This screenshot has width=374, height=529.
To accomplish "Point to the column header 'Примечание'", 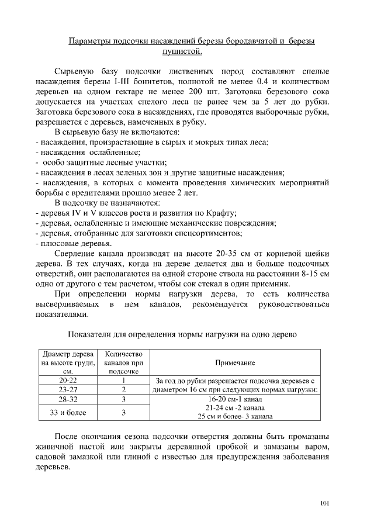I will pos(235,363).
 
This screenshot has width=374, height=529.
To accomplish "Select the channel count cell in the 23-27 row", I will pos(124,389).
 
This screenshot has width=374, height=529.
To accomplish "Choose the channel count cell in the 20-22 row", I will pos(124,380).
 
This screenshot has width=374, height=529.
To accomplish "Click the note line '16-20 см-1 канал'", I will pos(235,399).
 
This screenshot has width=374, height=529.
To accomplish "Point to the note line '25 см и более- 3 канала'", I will pos(235,416).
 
